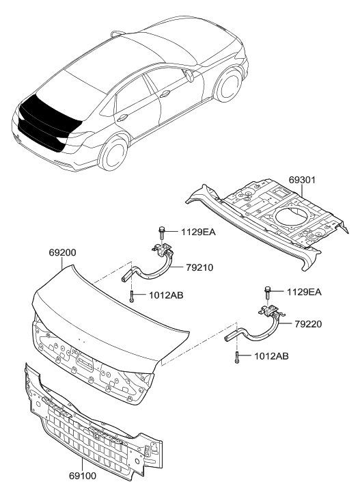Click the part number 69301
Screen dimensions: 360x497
click(x=302, y=180)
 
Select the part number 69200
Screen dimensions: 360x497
click(x=62, y=253)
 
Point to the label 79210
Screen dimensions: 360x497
click(x=199, y=267)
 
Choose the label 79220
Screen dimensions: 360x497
click(x=308, y=324)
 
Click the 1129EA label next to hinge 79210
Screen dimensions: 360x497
click(x=198, y=232)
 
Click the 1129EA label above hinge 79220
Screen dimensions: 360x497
click(x=304, y=292)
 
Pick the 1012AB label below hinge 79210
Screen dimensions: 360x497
click(x=166, y=295)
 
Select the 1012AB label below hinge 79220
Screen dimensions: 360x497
click(x=271, y=356)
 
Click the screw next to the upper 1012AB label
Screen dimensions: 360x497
click(x=131, y=297)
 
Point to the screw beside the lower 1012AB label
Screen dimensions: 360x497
click(x=237, y=358)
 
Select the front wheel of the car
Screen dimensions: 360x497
click(x=229, y=83)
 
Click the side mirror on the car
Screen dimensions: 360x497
click(x=191, y=76)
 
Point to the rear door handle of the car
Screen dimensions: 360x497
click(x=122, y=118)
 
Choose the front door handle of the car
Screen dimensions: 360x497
click(x=165, y=93)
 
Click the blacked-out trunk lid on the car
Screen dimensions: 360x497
click(x=48, y=119)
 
